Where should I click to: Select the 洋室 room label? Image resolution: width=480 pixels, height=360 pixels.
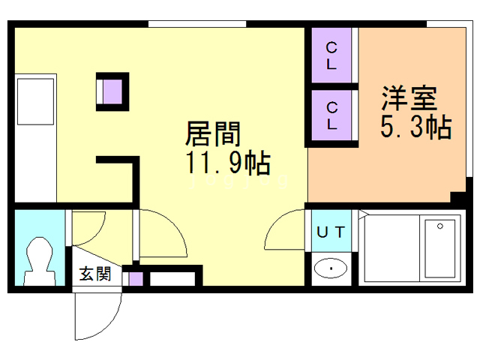409,100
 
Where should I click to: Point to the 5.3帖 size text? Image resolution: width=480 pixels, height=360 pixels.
415,127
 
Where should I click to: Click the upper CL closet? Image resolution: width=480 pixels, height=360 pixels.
331,56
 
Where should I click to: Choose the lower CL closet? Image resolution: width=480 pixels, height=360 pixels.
331,116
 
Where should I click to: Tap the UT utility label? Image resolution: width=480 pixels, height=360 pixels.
330,232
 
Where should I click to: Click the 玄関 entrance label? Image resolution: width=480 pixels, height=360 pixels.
95,274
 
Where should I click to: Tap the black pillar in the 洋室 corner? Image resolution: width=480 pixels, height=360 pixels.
456,199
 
